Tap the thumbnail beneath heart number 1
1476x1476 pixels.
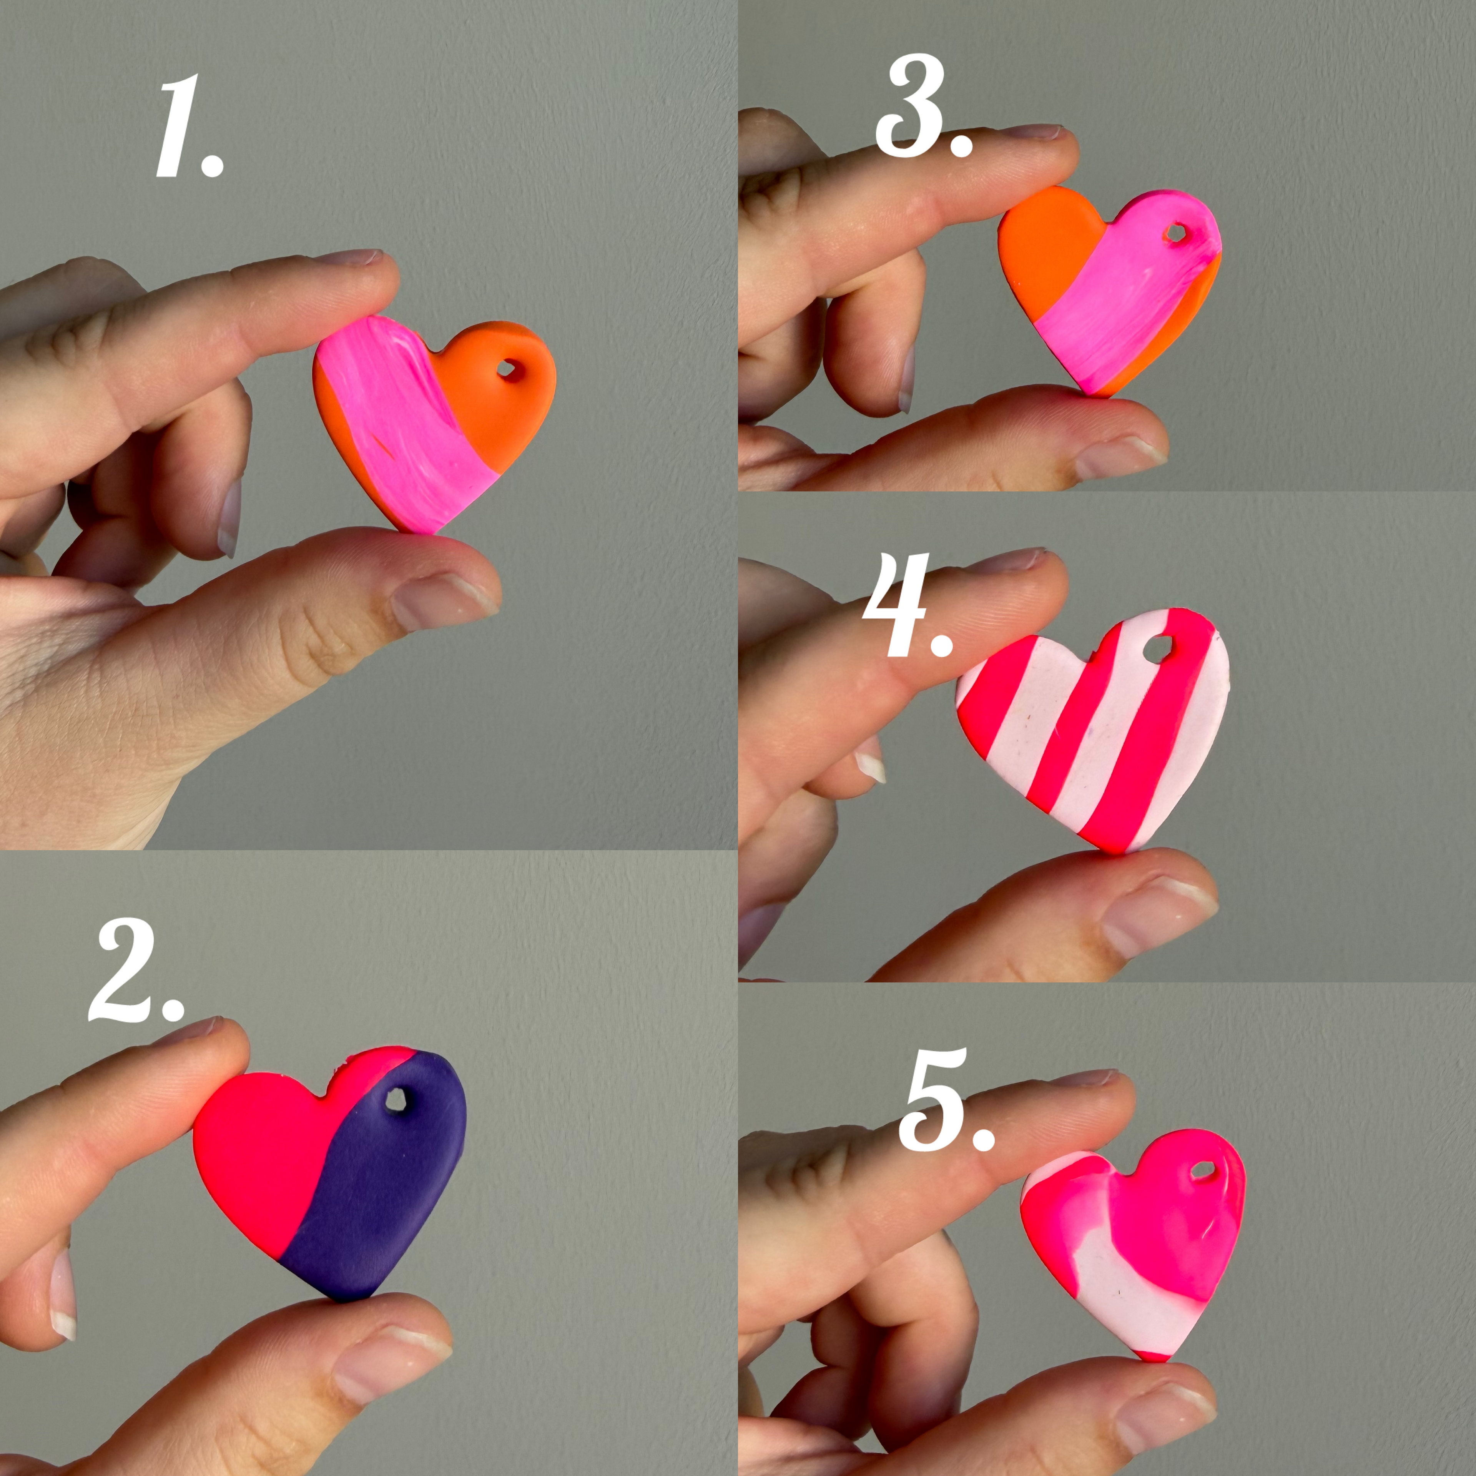tap(443, 603)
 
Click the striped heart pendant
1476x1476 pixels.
tap(1092, 726)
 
